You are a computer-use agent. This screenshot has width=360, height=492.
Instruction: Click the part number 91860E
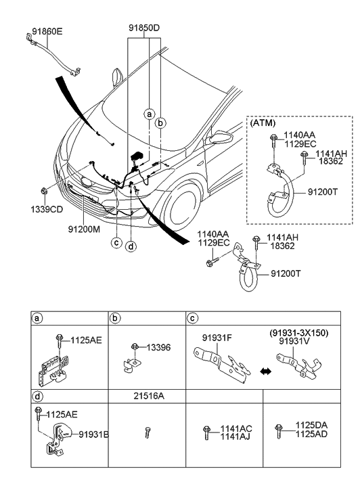point(47,31)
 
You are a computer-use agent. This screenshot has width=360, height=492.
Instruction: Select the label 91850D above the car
point(144,28)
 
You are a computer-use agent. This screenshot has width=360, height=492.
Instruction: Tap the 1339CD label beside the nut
point(47,209)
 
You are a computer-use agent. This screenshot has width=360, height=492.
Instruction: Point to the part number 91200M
point(84,229)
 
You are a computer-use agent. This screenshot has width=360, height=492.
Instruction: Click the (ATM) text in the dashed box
point(263,123)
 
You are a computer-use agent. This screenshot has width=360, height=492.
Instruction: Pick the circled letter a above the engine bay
point(150,114)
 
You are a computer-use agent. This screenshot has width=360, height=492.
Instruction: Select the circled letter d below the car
point(131,246)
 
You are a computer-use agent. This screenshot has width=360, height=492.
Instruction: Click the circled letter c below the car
point(117,242)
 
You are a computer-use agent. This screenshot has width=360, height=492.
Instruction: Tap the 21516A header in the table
point(149,396)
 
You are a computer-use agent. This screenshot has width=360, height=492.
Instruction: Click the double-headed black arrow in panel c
point(265,372)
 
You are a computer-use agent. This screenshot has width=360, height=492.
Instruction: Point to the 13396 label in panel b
point(158,347)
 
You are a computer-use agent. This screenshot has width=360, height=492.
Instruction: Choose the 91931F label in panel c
point(217,338)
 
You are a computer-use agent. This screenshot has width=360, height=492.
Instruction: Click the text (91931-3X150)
point(298,333)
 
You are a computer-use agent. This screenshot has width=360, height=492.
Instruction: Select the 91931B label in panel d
point(93,434)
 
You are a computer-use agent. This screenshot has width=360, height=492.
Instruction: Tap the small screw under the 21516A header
point(148,432)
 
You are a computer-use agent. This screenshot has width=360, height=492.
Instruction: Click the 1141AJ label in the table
point(235,437)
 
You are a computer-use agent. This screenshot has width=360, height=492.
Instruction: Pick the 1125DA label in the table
point(311,426)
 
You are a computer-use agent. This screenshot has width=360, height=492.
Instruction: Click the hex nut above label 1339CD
point(44,190)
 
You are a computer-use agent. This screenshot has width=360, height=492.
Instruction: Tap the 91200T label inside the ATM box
point(322,192)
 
